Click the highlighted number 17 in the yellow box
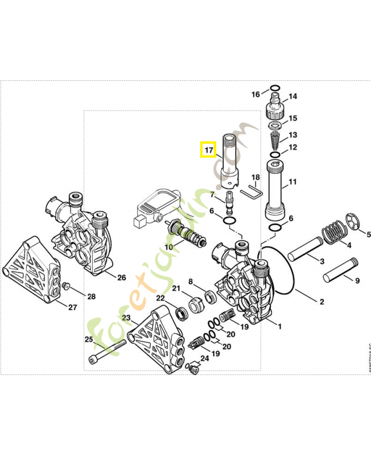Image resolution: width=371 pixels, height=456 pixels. [209, 150]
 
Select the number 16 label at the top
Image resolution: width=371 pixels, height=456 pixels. [256, 94]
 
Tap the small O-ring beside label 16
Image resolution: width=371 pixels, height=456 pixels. [274, 88]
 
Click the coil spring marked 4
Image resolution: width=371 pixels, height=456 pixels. [333, 233]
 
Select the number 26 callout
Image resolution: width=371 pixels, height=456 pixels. [121, 278]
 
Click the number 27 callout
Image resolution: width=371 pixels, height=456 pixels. [72, 308]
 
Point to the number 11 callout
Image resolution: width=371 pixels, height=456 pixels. [292, 182]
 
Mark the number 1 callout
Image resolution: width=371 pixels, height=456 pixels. [279, 326]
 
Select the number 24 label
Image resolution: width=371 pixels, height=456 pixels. [204, 358]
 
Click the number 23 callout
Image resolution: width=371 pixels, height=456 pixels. [126, 317]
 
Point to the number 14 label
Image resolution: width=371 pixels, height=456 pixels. [292, 97]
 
